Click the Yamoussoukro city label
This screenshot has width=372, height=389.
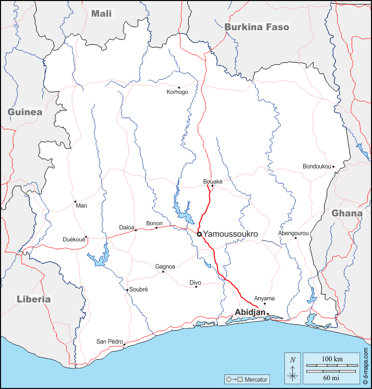point(231,235)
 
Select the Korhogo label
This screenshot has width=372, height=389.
point(177,92)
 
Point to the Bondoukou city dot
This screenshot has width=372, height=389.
point(333,167)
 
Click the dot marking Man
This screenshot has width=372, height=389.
point(75,201)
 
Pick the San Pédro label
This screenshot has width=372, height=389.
point(109,342)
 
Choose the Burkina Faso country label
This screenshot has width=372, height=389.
point(257,27)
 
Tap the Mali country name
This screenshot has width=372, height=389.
point(102,14)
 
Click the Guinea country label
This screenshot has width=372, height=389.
point(25,112)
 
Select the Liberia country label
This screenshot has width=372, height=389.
point(34,299)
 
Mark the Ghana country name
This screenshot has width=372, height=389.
point(347,213)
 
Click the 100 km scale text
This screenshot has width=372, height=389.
point(332,360)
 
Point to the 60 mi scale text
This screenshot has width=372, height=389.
point(332,377)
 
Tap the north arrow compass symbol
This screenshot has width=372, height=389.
point(293,367)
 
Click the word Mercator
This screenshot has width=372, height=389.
point(256,379)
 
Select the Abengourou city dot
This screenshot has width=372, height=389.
point(295,238)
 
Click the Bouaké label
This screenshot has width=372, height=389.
point(213,181)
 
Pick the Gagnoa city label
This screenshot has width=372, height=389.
point(165,266)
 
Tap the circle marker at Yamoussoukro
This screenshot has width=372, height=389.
point(199,235)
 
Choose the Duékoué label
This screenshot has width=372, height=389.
point(74,240)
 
